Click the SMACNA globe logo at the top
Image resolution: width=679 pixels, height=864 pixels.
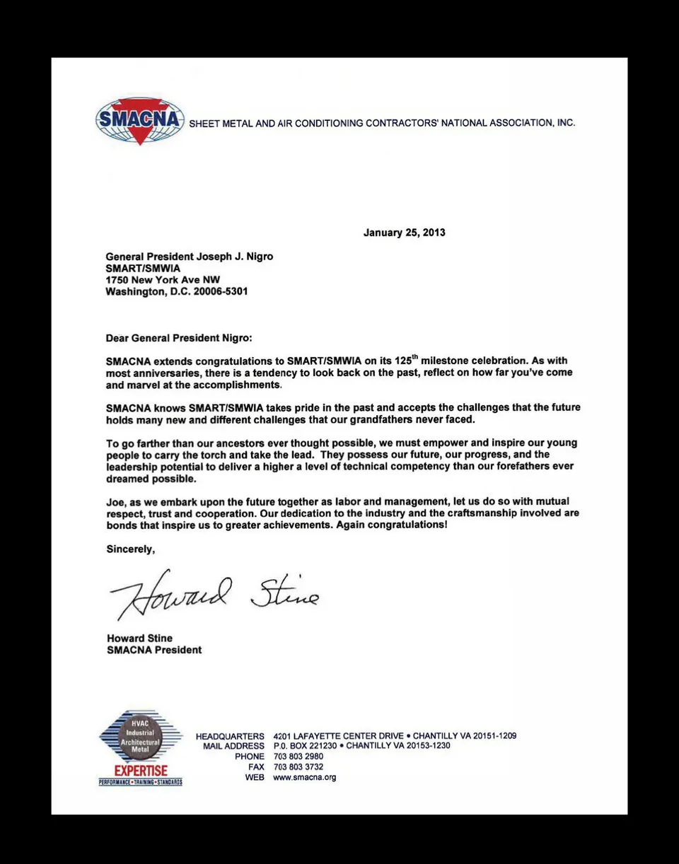139,121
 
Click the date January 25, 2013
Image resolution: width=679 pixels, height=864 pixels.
404,233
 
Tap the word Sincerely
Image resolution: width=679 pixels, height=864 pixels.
130,549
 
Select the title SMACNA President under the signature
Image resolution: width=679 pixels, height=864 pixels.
153,650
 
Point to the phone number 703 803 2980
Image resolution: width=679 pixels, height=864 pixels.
298,757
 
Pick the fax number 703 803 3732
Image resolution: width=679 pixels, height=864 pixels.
298,767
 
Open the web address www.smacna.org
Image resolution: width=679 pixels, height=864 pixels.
304,778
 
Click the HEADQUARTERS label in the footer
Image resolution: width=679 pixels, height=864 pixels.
230,736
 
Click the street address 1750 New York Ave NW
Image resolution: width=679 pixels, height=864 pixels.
163,280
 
